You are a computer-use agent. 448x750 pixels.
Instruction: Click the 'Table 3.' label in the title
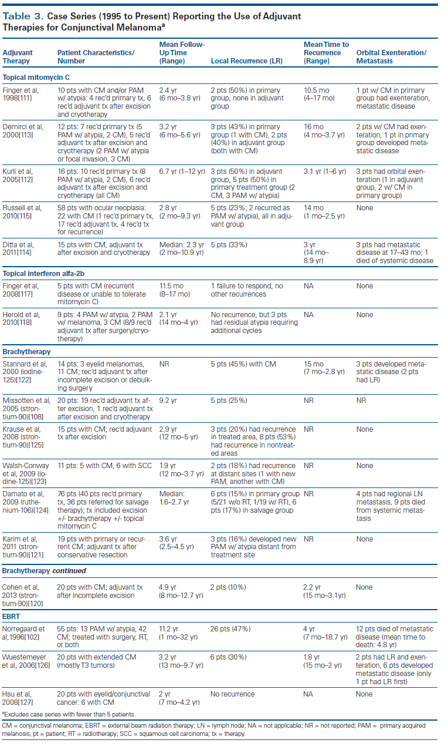[23, 16]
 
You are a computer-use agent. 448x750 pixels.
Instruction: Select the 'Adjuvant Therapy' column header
[18, 57]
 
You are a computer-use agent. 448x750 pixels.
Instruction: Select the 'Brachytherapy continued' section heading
[44, 570]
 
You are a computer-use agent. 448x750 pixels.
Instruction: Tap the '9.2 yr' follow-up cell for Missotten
[169, 400]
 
